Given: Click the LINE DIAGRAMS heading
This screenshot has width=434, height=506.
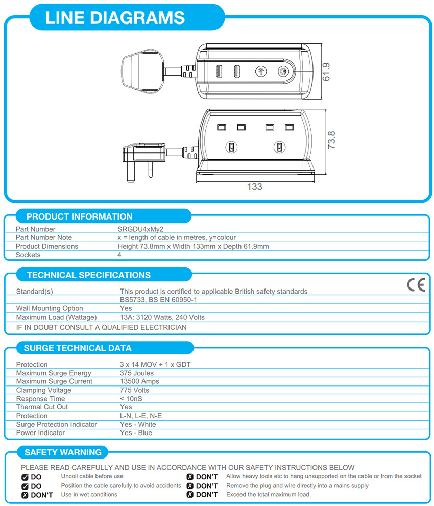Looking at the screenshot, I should pyautogui.click(x=115, y=18).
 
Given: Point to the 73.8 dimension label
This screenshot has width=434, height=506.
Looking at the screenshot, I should pyautogui.click(x=331, y=140).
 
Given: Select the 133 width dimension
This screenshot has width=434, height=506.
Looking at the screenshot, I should pyautogui.click(x=254, y=187).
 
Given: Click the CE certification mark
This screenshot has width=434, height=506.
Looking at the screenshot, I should pyautogui.click(x=416, y=285).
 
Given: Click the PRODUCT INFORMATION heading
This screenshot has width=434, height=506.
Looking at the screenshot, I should pyautogui.click(x=79, y=216).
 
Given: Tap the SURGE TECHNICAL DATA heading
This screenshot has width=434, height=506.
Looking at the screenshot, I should pyautogui.click(x=77, y=348).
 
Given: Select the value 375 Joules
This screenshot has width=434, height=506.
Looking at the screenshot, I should pyautogui.click(x=136, y=373).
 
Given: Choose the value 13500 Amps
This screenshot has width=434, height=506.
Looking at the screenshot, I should pyautogui.click(x=139, y=381).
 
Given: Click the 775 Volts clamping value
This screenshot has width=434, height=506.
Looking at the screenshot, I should pyautogui.click(x=134, y=390).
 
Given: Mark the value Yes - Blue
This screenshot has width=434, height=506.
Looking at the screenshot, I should pyautogui.click(x=136, y=433).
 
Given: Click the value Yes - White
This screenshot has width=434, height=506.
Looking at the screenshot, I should pyautogui.click(x=138, y=424).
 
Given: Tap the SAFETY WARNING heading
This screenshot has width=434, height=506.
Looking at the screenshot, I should pyautogui.click(x=63, y=452).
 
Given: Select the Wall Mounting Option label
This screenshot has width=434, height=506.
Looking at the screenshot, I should pyautogui.click(x=50, y=308).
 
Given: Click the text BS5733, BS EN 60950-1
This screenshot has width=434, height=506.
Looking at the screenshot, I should pyautogui.click(x=158, y=300).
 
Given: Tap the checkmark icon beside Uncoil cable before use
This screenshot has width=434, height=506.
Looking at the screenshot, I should pyautogui.click(x=25, y=477).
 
